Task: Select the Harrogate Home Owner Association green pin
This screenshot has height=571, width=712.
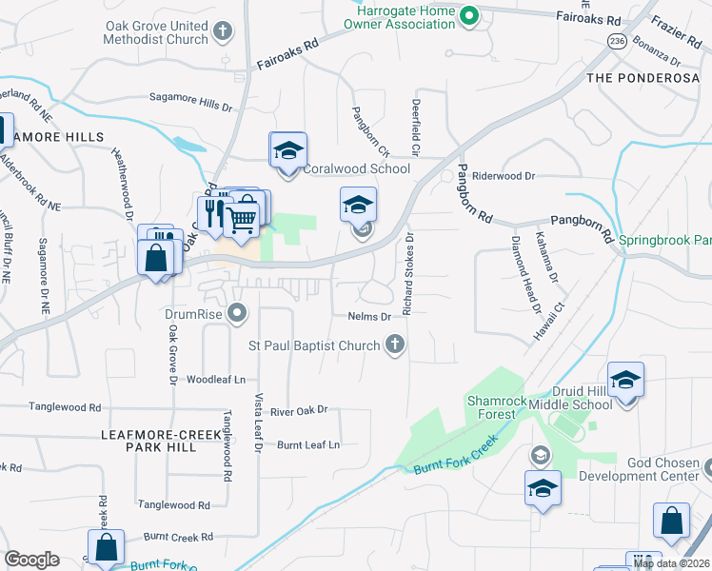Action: click(468, 15)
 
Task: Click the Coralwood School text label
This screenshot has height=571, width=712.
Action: click(356, 169)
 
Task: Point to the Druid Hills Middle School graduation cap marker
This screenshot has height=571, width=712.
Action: click(625, 381)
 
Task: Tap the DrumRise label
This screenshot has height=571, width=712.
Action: click(195, 312)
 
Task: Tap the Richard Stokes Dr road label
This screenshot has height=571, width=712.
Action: click(408, 274)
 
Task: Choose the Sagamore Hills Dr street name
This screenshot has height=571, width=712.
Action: click(191, 99)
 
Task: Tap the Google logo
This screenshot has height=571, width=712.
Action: click(31, 560)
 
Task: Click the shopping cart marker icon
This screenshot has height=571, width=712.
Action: click(242, 220)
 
